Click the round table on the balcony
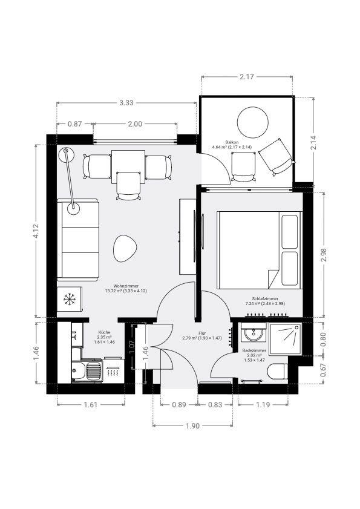[x=252, y=122]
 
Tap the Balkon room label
[x=232, y=142]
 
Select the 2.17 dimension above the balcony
[x=247, y=77]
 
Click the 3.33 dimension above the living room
[x=126, y=103]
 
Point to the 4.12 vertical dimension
[x=36, y=231]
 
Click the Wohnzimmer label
[x=126, y=286]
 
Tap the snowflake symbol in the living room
[x=70, y=299]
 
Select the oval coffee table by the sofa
[x=125, y=248]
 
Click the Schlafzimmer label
[x=265, y=298]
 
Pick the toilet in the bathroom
[x=278, y=371]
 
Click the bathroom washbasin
[x=254, y=332]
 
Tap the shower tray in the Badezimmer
[x=286, y=338]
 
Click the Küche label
[x=104, y=332]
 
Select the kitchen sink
[x=87, y=370]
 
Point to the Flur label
[x=202, y=333]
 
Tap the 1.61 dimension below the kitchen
[x=91, y=405]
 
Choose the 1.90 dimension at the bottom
[x=193, y=426]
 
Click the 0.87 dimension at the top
[x=74, y=124]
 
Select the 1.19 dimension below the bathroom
[x=263, y=405]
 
